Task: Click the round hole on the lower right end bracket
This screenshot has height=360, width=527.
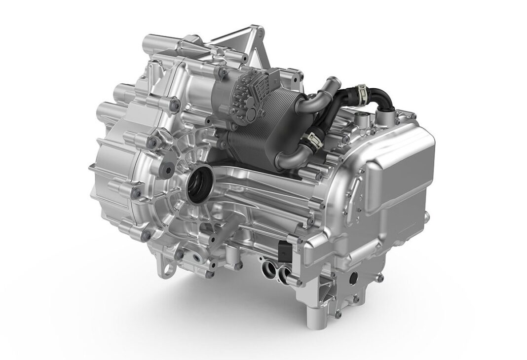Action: pos(353,279)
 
